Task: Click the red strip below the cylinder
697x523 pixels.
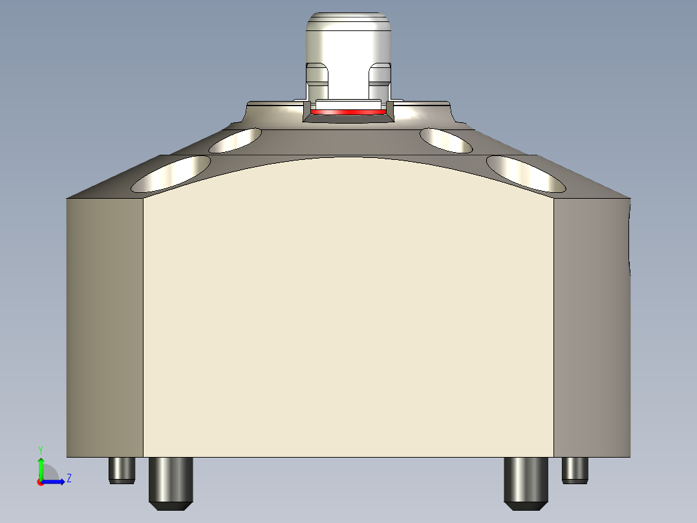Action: tap(350, 113)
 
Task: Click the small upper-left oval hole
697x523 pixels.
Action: tap(235, 140)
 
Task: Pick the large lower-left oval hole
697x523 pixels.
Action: tap(171, 173)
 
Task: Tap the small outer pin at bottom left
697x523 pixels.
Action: tap(122, 470)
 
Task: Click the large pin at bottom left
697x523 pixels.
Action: tap(171, 482)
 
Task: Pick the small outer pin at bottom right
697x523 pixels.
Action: tap(575, 470)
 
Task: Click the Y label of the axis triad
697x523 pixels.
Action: tap(40, 449)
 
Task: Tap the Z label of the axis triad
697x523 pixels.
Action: tap(69, 478)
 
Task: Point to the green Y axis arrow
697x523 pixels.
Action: tap(41, 467)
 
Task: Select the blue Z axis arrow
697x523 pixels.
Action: tap(55, 482)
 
